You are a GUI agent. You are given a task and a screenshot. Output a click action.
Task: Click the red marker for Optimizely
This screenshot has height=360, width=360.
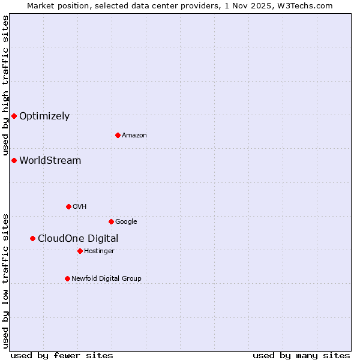click(14, 116)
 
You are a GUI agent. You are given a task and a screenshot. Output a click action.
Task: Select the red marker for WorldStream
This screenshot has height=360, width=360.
click(14, 160)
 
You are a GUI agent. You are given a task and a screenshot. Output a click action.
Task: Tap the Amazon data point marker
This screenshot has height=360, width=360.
click(118, 135)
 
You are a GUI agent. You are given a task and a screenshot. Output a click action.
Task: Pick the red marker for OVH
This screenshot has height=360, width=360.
click(68, 206)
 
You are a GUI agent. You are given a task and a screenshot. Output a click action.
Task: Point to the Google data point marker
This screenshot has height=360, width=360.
click(111, 221)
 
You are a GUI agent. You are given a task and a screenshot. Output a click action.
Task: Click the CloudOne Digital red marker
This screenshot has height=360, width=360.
click(32, 238)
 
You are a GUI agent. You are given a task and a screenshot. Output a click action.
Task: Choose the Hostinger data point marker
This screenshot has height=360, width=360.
click(80, 251)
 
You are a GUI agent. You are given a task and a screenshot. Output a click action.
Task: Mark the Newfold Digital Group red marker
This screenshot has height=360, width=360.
click(67, 278)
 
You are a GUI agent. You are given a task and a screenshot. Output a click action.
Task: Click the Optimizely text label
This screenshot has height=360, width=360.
click(44, 116)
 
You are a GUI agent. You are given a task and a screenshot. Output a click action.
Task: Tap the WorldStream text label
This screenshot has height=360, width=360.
click(50, 161)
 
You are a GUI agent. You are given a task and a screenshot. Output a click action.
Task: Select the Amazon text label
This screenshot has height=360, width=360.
click(134, 136)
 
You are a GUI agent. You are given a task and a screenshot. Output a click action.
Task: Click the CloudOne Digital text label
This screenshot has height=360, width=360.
click(78, 239)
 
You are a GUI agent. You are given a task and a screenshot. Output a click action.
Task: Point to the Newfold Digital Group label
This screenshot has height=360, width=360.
click(106, 278)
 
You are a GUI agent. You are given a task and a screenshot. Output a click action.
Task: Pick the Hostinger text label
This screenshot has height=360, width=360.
click(99, 251)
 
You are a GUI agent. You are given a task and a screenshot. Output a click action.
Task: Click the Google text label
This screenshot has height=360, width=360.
click(126, 222)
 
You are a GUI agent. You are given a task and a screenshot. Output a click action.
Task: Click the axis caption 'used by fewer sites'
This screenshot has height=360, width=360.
click(62, 355)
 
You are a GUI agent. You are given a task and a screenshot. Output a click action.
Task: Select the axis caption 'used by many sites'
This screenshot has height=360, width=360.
click(301, 355)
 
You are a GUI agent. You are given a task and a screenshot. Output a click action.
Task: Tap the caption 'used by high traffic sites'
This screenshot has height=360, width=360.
click(5, 86)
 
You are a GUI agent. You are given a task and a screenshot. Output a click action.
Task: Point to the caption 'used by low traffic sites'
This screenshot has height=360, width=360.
click(5, 280)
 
